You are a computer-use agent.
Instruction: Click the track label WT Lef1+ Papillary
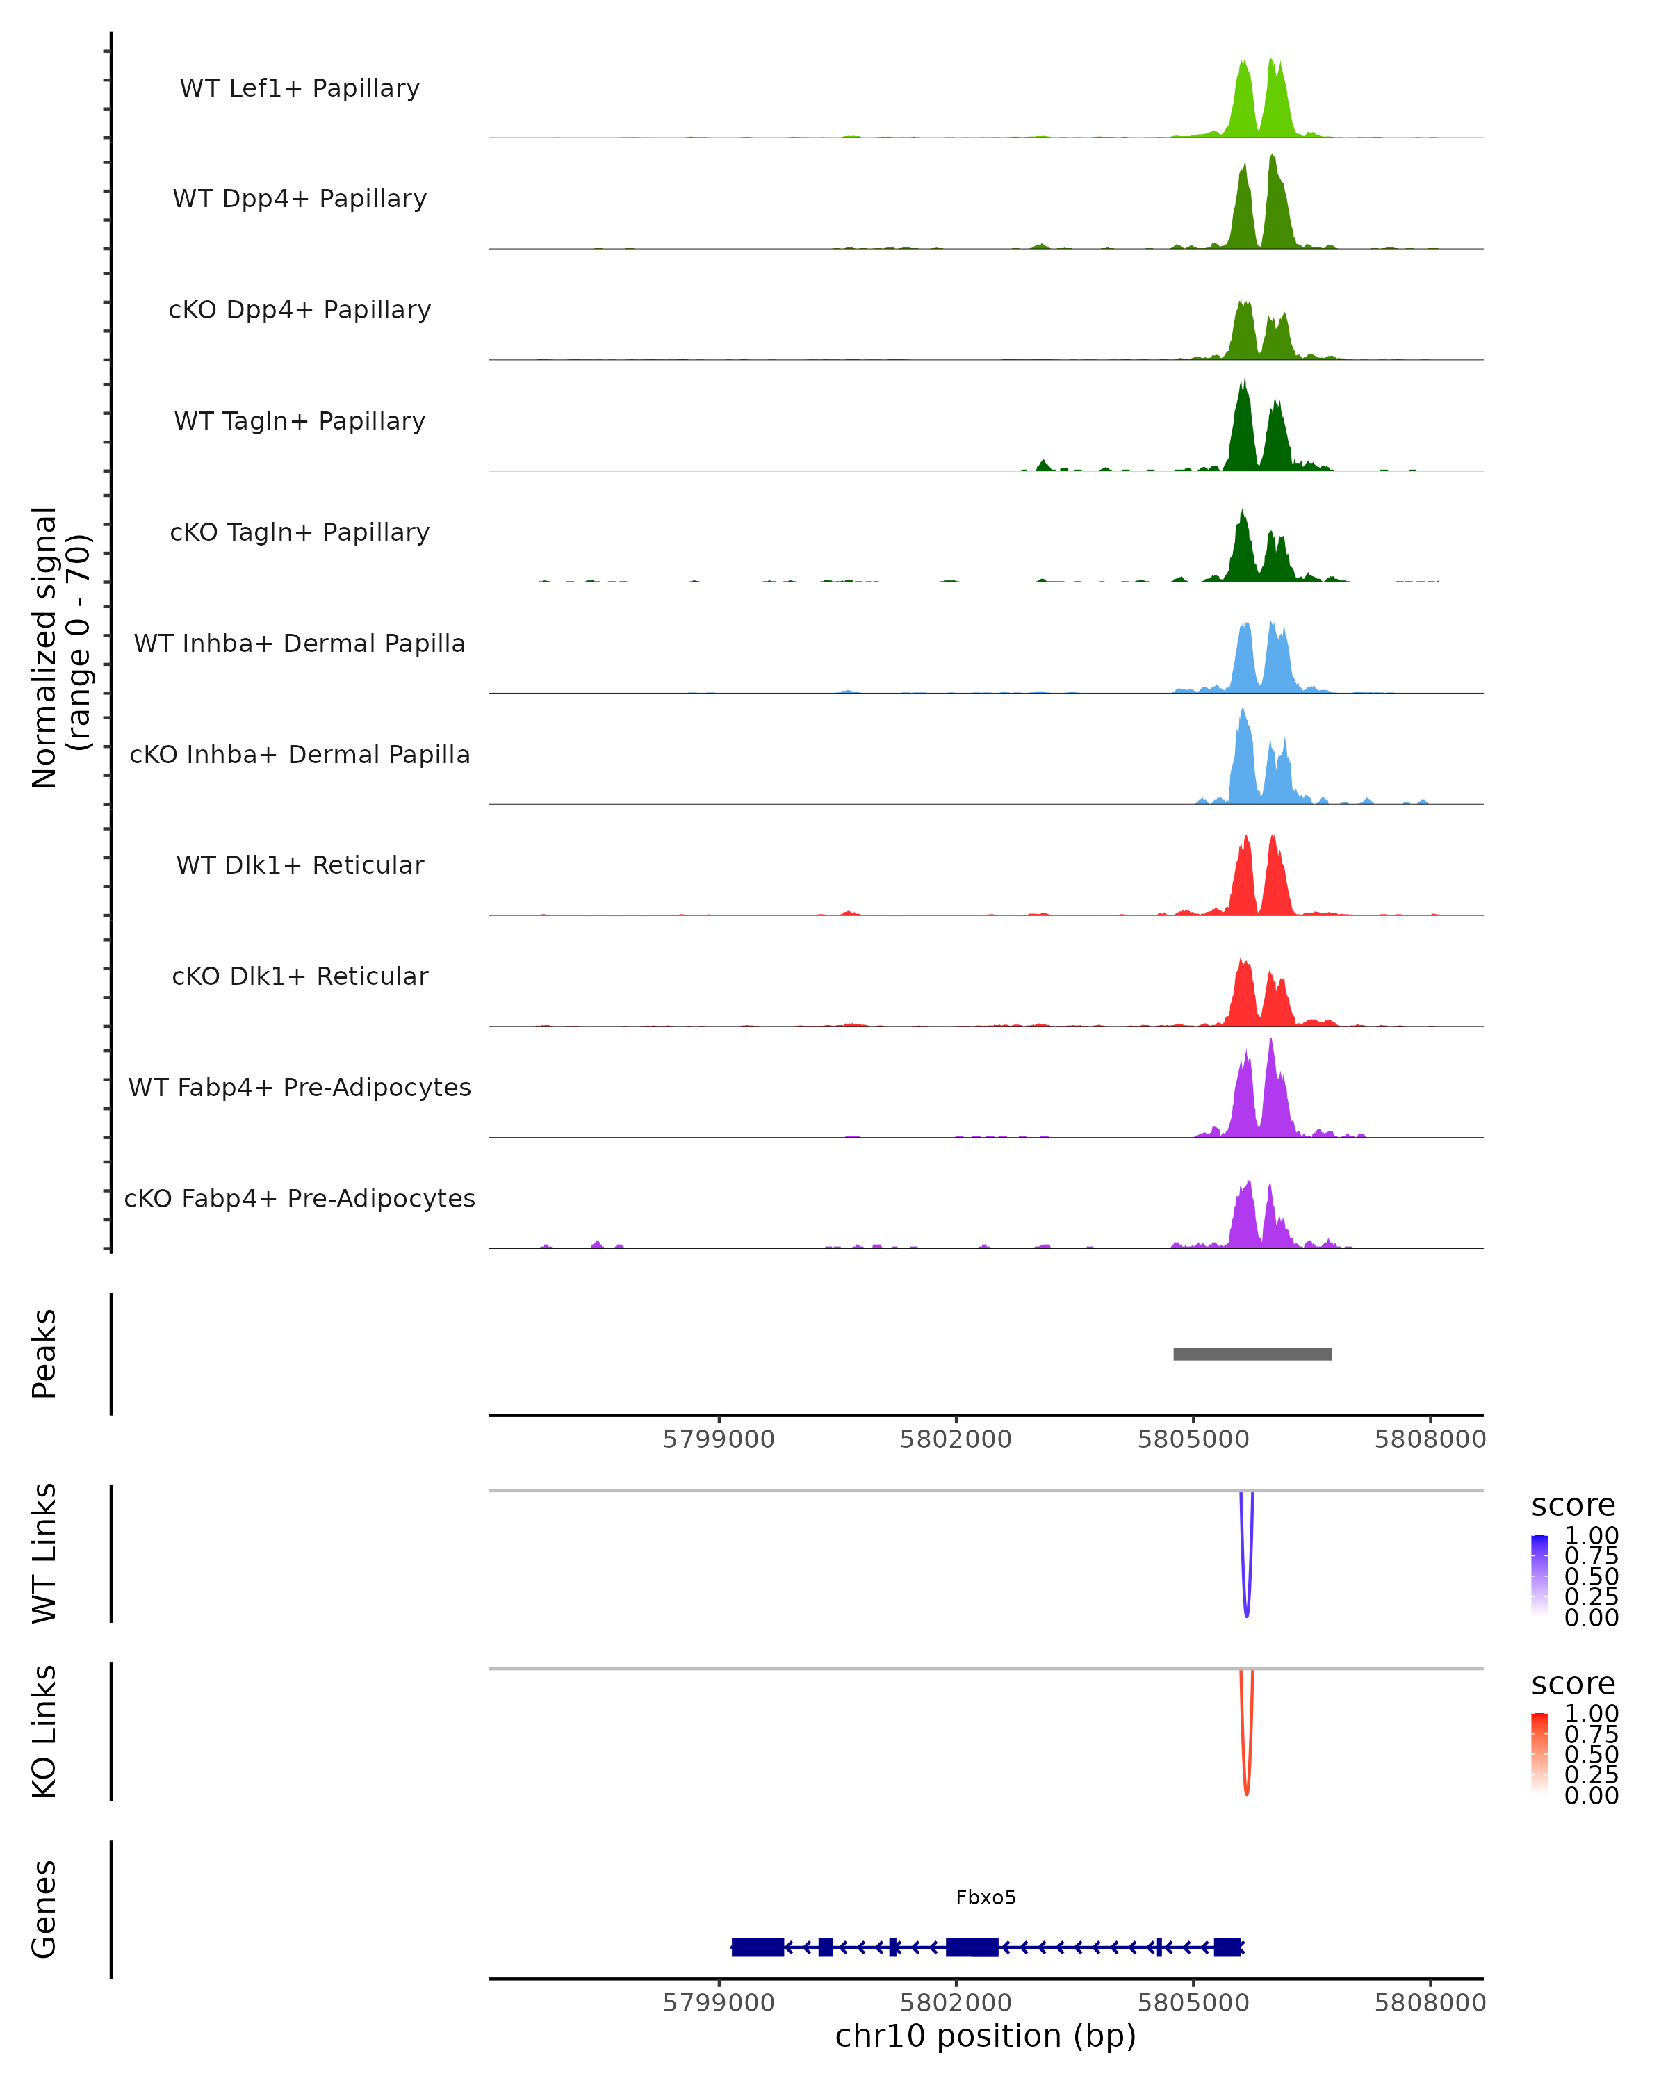300,88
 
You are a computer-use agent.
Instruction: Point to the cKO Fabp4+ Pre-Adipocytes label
300,1198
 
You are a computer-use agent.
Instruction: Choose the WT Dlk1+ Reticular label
300,865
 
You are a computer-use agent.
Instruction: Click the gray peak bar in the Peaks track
1252,1354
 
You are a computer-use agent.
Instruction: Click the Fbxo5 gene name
986,1897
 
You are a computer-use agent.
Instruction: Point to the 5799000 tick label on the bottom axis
719,2003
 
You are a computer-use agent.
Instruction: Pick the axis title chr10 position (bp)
986,2036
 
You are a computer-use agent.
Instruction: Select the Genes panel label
44,1909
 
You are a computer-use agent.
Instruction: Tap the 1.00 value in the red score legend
1591,1714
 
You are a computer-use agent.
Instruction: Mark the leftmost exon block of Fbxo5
757,1947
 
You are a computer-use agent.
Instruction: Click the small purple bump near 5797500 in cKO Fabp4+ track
596,1245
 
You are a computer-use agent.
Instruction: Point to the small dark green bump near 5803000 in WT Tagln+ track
1043,465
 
